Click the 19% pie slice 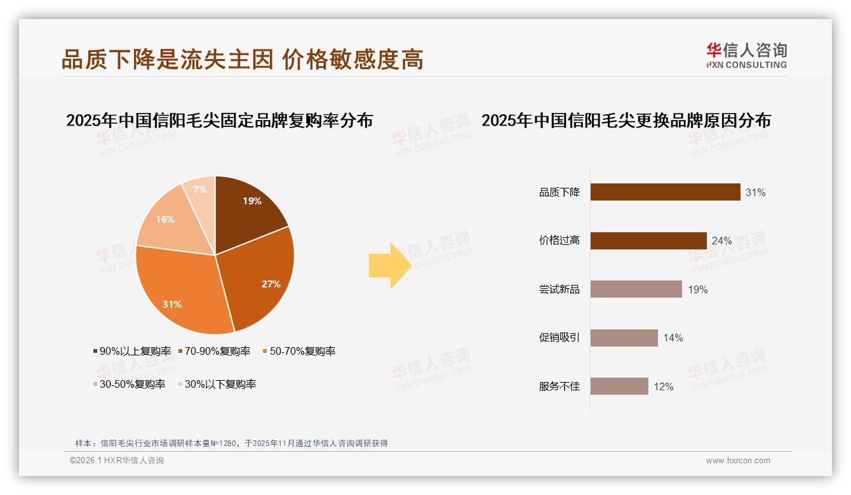(248, 206)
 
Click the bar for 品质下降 (665, 192)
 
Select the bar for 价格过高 (648, 241)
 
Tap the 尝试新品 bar (636, 289)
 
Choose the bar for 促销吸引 (624, 338)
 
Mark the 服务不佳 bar (619, 386)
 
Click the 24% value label (722, 241)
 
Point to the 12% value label (664, 386)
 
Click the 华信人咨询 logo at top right (746, 56)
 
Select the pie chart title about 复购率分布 (219, 120)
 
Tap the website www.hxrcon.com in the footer (738, 461)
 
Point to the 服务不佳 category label (560, 386)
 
